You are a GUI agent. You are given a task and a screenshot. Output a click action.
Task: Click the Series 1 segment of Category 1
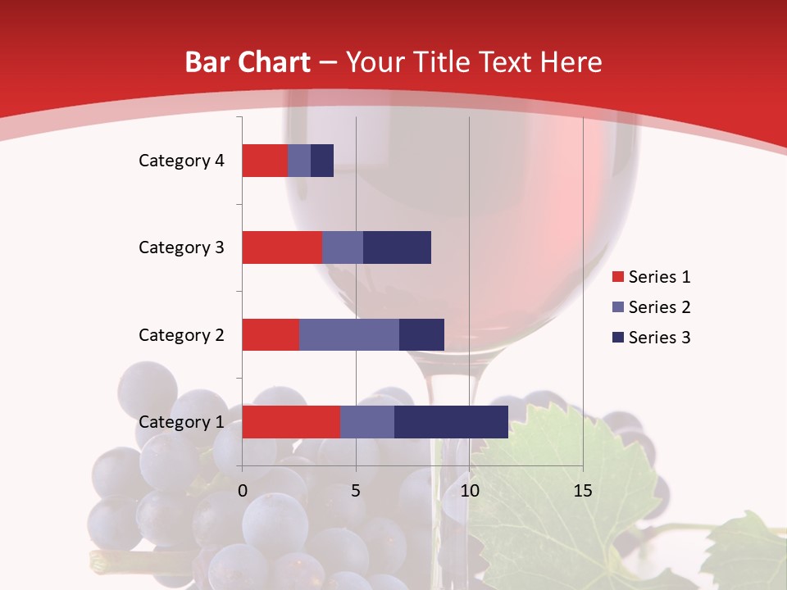[290, 422]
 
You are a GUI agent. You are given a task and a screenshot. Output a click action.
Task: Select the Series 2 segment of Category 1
[366, 422]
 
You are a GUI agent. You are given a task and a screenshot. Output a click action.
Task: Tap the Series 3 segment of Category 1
[451, 422]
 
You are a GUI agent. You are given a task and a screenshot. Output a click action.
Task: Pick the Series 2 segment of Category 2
[348, 334]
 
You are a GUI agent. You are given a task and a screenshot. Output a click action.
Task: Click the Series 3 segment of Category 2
[421, 334]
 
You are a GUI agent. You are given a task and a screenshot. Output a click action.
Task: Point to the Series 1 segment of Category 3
[281, 247]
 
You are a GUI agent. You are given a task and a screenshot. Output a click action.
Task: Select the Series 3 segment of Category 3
[397, 247]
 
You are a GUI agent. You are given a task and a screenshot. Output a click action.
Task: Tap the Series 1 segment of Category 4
[264, 161]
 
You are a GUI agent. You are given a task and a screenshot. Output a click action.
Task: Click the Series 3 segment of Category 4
[322, 161]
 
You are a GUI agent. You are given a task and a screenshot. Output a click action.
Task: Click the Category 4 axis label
[180, 161]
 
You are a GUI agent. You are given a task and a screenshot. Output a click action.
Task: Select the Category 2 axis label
[180, 334]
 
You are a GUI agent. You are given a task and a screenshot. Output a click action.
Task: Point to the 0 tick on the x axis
[243, 491]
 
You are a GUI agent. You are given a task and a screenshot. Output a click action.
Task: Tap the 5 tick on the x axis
[356, 491]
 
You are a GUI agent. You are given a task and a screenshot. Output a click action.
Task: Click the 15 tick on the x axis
[582, 491]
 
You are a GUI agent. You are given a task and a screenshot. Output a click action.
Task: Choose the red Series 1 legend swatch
[617, 277]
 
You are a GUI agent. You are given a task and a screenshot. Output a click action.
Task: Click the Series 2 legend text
[659, 307]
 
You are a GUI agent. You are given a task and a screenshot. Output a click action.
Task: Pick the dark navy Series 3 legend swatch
[617, 338]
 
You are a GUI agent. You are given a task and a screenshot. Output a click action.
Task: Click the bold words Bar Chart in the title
[248, 62]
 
